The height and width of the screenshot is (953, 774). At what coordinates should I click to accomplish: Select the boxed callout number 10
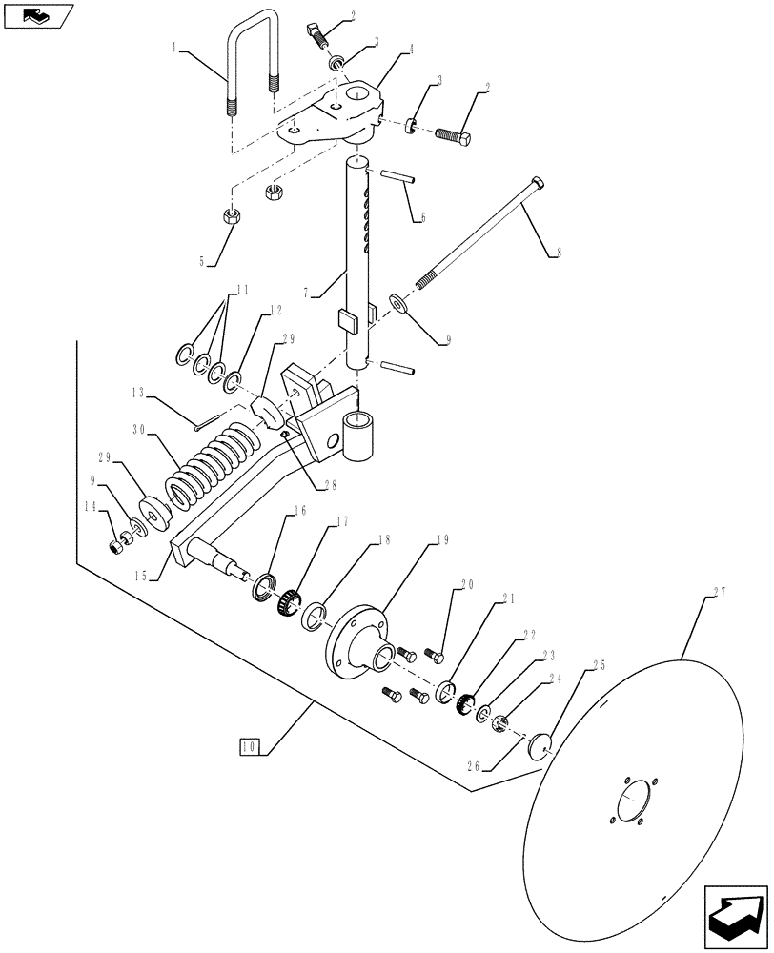[x=251, y=746]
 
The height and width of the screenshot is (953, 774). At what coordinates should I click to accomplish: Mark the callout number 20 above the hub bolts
[x=467, y=586]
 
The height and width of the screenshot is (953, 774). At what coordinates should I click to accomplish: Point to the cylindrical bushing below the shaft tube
[x=363, y=436]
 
